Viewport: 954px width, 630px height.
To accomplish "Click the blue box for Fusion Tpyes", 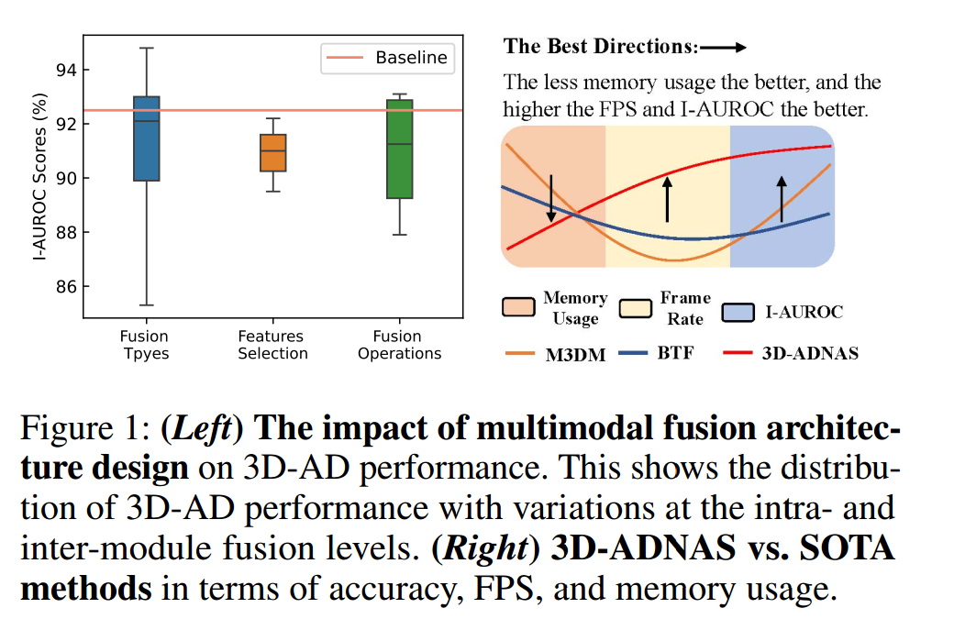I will [x=146, y=138].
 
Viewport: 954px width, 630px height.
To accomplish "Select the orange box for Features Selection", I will [x=272, y=152].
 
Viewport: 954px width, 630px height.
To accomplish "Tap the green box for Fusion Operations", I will [x=399, y=149].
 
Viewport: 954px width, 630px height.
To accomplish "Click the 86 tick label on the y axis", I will [x=64, y=287].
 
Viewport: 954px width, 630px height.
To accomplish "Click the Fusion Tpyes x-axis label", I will [x=145, y=345].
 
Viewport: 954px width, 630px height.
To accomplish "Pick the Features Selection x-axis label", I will [x=272, y=345].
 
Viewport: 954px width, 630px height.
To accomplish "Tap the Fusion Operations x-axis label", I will [x=399, y=345].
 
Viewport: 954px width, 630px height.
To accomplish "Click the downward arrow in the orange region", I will [x=551, y=197].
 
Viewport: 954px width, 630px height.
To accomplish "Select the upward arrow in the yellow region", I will [x=667, y=199].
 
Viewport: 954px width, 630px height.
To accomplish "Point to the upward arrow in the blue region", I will [x=782, y=199].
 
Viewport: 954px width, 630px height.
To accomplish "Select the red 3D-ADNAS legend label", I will [x=810, y=353].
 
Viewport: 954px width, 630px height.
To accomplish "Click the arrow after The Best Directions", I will [x=727, y=46].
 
